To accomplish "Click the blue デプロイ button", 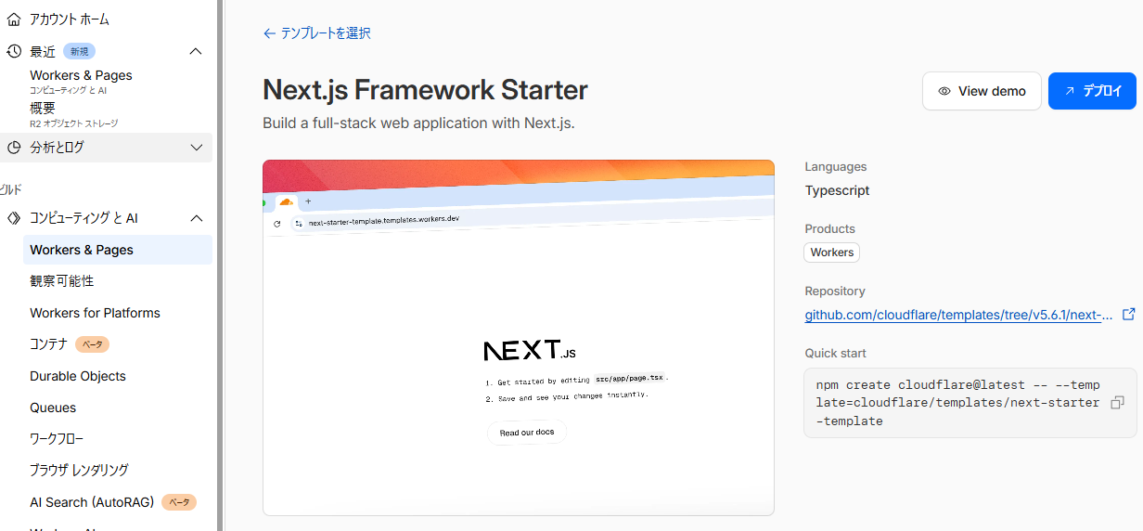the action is coord(1092,91).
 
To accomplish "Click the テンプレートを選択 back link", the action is coord(317,33).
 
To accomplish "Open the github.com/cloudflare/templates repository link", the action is coord(958,315).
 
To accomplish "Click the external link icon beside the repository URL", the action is coord(1129,314).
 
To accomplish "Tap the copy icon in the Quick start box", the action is coord(1117,402).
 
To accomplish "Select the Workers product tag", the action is coord(831,253).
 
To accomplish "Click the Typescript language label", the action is coord(837,190).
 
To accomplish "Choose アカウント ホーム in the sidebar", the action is coord(70,19).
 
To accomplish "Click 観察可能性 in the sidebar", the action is coord(62,280).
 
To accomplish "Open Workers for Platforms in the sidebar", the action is coord(95,313).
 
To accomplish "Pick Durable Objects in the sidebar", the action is coord(78,376).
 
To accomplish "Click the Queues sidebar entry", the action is coord(53,408).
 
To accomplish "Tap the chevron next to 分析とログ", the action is coord(197,148).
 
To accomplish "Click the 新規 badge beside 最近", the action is coord(79,52).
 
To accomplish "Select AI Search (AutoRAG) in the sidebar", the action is coord(92,502).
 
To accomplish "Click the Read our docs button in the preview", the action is coord(527,433).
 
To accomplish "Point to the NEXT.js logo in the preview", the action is coord(530,350).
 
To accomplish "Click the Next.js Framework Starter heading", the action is coord(425,90).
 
